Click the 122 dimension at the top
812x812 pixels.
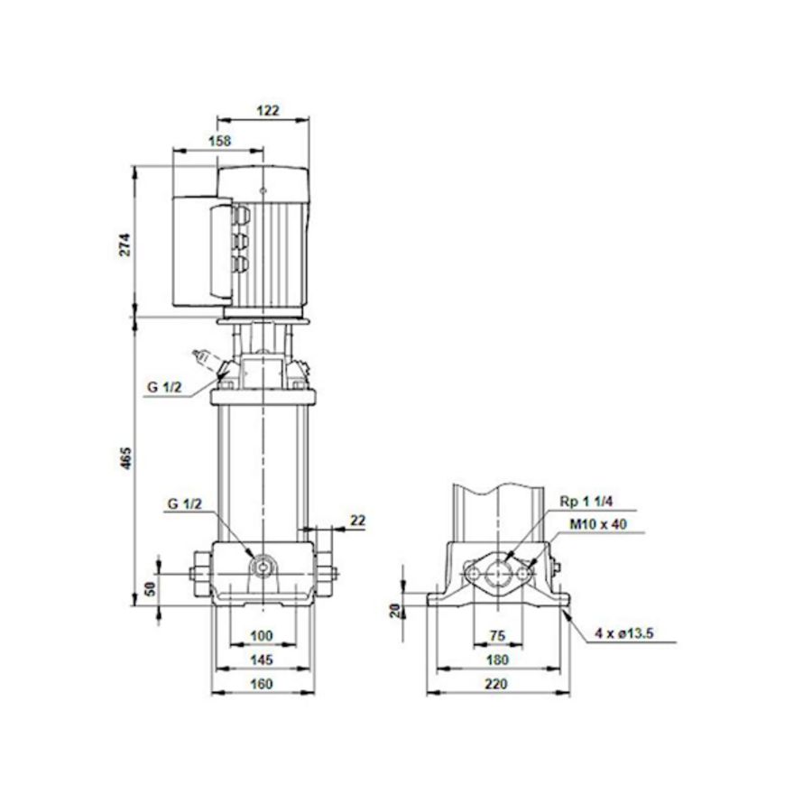268,111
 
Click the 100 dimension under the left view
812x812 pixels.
260,636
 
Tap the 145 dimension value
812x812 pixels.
260,660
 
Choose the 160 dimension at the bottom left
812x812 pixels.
260,684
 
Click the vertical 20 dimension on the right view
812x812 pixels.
393,610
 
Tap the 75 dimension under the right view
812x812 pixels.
496,636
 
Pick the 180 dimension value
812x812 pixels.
496,660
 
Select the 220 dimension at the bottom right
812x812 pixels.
496,684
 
